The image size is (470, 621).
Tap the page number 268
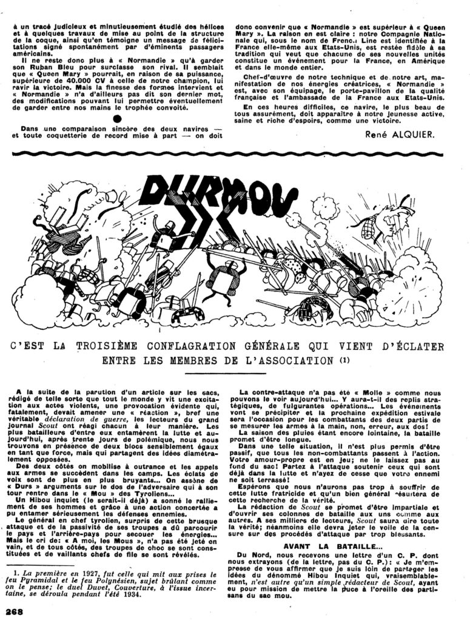14,612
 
